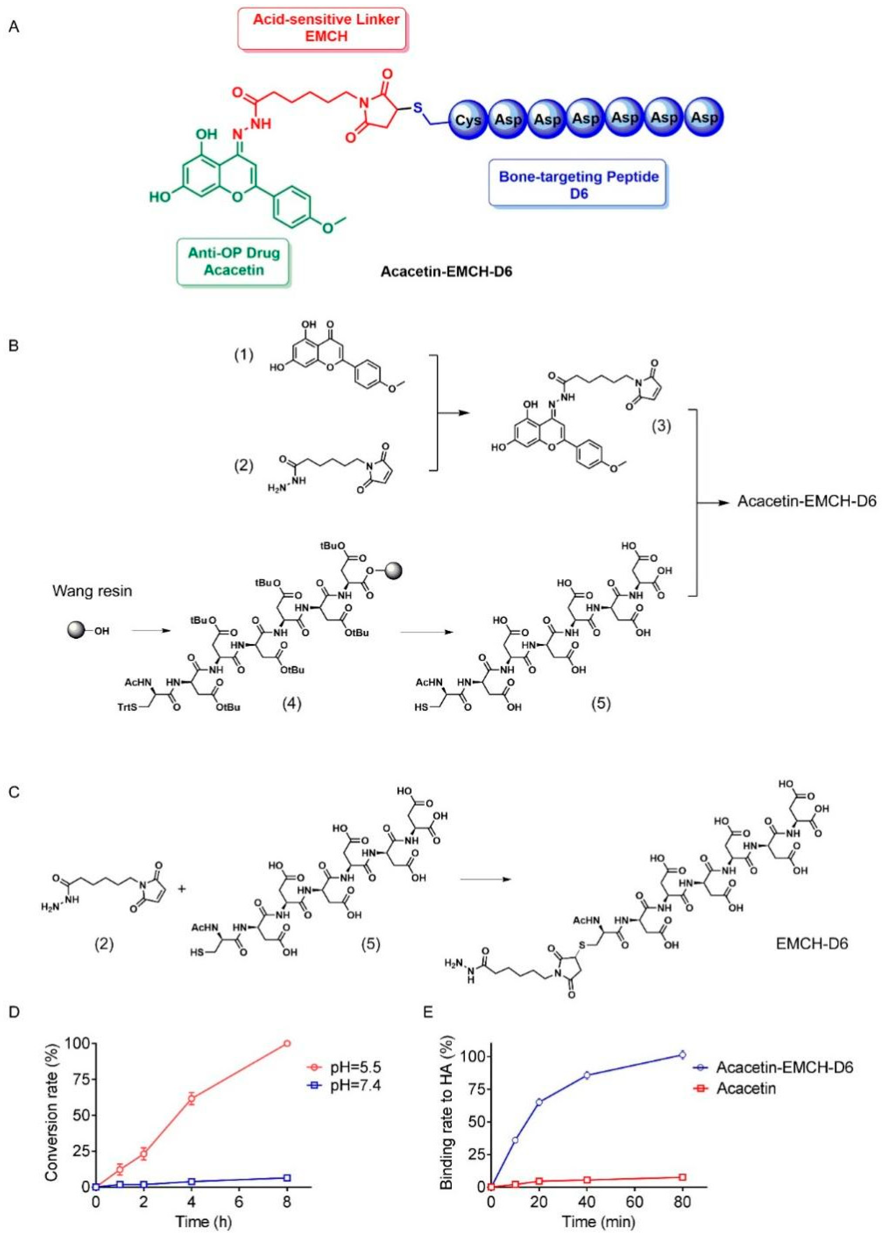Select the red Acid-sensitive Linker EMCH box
click(x=322, y=28)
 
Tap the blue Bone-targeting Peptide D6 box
click(x=578, y=184)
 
